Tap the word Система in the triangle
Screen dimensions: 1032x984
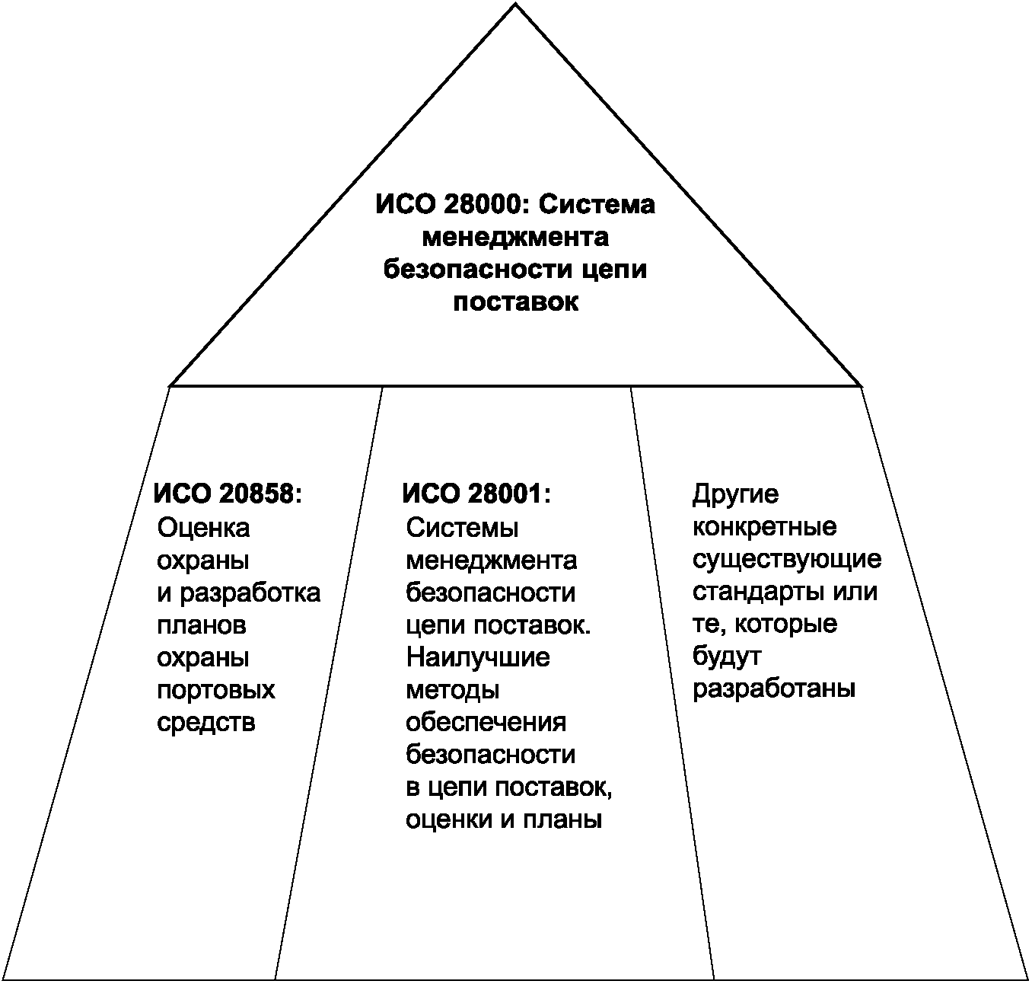click(x=602, y=205)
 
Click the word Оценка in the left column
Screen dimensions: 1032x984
click(x=203, y=527)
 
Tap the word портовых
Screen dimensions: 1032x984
click(x=216, y=690)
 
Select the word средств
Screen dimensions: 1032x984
click(x=206, y=722)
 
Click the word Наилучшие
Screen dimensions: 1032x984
click(x=478, y=657)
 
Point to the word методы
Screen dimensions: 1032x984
click(x=453, y=690)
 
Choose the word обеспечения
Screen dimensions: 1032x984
click(x=486, y=722)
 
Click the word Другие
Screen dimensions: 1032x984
click(x=736, y=494)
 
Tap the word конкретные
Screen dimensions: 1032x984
click(x=765, y=527)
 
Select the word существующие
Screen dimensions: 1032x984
click(x=787, y=560)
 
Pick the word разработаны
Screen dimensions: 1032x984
click(x=775, y=689)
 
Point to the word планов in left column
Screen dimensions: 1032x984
click(x=202, y=625)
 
